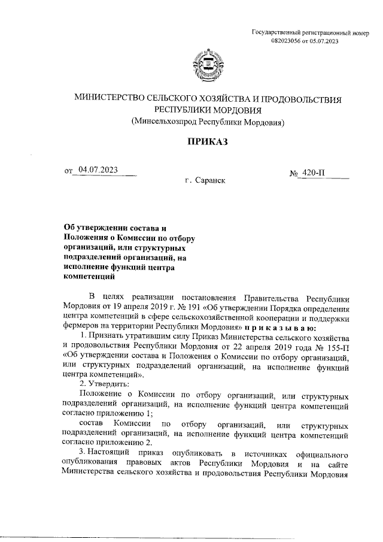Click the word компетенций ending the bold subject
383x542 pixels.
(89, 277)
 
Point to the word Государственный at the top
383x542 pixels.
(278, 32)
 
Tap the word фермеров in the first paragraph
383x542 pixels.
(80, 328)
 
